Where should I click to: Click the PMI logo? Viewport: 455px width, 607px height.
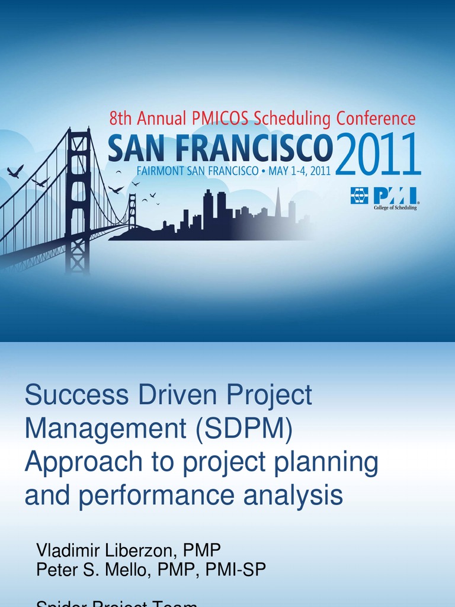[383, 196]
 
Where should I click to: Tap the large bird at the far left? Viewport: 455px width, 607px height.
[15, 171]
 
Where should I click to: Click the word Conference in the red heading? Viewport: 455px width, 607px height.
[376, 119]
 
